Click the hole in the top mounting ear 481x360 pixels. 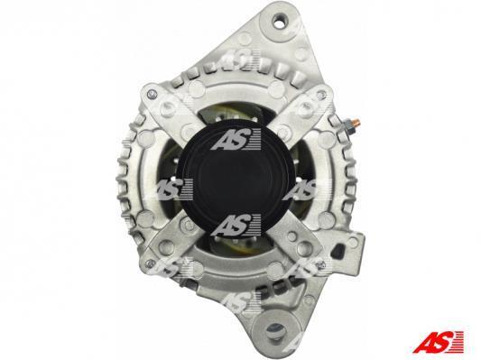(280, 22)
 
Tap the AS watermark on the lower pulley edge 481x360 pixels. (236, 225)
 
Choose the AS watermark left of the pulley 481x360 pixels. (173, 188)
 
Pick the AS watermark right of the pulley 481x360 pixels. (299, 189)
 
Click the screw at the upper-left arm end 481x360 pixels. (150, 94)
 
